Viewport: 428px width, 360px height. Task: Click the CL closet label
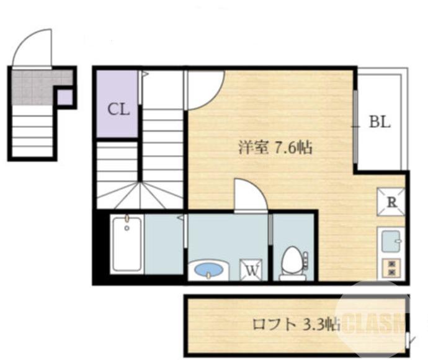click(x=118, y=110)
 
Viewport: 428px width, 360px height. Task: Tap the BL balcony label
click(x=380, y=122)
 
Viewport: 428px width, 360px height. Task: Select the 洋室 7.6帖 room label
click(x=275, y=148)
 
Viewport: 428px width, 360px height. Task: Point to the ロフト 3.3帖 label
click(x=296, y=324)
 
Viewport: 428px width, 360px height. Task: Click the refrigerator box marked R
click(x=391, y=201)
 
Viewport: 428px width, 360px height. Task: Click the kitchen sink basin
click(x=391, y=241)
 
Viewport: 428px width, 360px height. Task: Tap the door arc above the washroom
click(x=249, y=195)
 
